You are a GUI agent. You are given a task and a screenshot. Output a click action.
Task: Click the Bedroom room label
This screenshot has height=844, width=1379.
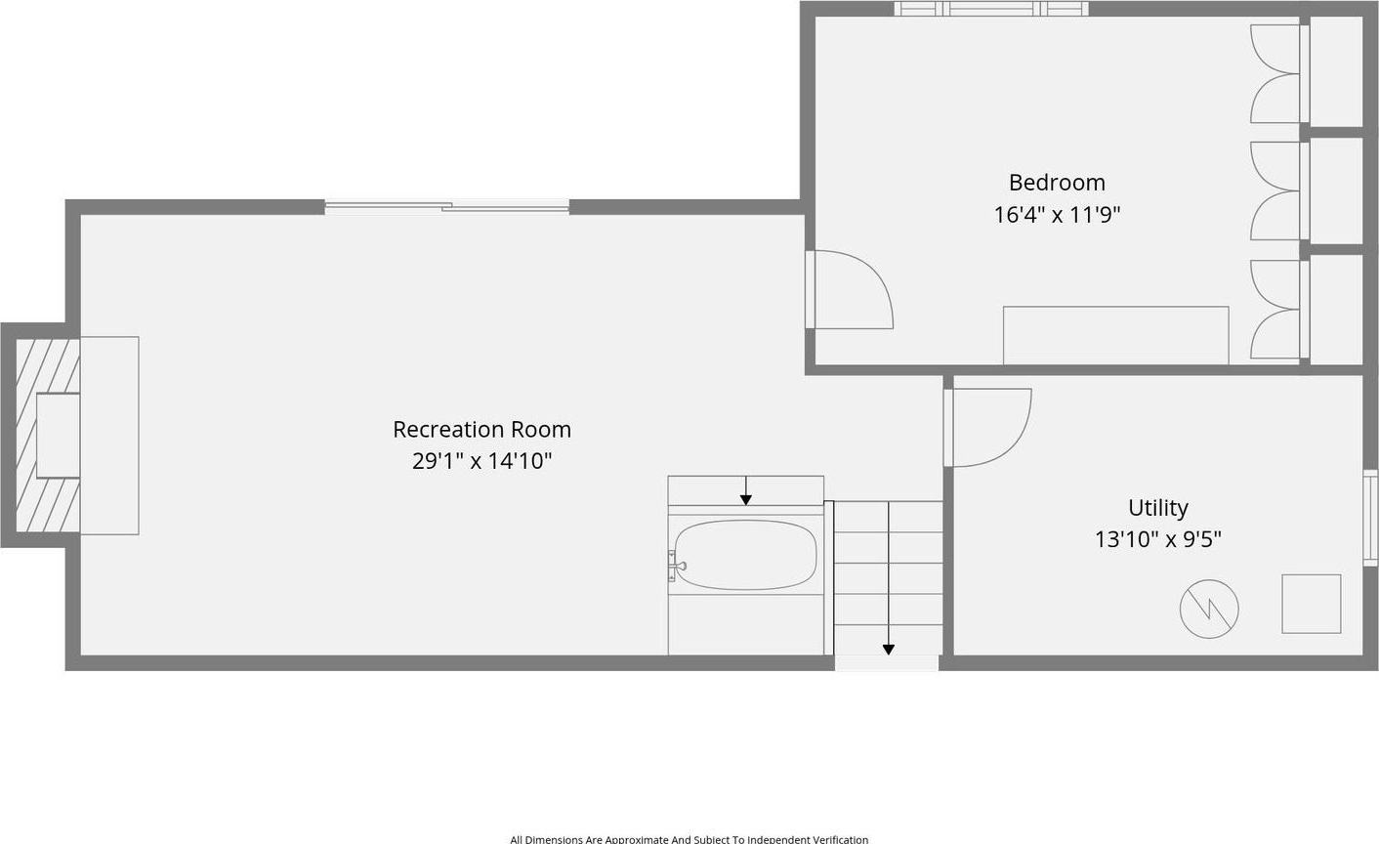(x=1057, y=183)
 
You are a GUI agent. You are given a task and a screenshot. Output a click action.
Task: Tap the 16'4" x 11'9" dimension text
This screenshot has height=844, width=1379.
(x=1057, y=215)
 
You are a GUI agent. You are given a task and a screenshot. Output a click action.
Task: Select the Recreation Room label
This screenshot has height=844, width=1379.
(x=482, y=430)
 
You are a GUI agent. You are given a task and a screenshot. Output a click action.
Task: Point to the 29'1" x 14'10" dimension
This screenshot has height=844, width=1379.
(x=482, y=460)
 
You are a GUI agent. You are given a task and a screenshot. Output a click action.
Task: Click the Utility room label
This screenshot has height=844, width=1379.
(x=1158, y=509)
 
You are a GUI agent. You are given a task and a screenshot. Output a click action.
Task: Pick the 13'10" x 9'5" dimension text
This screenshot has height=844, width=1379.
(x=1158, y=540)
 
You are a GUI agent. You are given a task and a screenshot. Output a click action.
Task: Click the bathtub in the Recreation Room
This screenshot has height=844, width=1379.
(x=745, y=555)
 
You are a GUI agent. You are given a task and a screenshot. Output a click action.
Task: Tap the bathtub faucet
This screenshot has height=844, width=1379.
(x=676, y=566)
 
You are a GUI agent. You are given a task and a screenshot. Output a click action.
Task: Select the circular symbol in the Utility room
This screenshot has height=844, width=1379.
(x=1209, y=609)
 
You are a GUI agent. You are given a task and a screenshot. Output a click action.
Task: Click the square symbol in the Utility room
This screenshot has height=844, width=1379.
(x=1312, y=604)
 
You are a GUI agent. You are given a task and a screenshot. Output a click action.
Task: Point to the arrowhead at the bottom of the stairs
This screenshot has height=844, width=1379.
(x=889, y=650)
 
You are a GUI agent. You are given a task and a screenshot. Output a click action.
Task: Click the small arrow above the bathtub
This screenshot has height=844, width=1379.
(x=745, y=490)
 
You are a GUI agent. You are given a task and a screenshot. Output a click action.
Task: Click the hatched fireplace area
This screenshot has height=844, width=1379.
(x=48, y=435)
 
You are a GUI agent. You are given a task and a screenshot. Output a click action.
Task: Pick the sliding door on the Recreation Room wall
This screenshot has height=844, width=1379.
(x=447, y=208)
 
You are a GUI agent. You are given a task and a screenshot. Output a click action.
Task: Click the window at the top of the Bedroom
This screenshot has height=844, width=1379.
(x=990, y=9)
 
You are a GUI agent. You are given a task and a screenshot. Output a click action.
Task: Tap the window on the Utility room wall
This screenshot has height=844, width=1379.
(x=1370, y=518)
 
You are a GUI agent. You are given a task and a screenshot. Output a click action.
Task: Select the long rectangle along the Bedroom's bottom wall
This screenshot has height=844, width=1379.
(x=1116, y=335)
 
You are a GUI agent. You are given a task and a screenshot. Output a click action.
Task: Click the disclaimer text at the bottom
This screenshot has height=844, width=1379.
(x=689, y=839)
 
